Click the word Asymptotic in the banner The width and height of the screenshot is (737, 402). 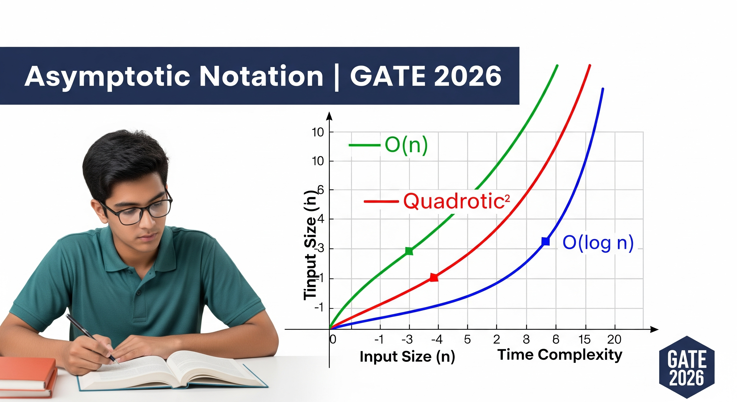click(x=107, y=76)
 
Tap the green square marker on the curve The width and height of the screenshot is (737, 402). click(x=409, y=251)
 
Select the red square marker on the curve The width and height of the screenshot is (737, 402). click(x=434, y=277)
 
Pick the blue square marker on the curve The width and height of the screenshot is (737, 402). click(x=546, y=242)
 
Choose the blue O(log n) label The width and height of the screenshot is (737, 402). click(x=598, y=243)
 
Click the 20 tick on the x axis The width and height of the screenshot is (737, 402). click(x=614, y=340)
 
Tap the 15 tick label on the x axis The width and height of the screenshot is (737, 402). click(x=584, y=340)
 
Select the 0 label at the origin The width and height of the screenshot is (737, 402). click(x=333, y=339)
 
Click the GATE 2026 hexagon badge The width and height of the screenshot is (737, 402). click(x=687, y=367)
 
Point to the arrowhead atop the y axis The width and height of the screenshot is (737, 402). click(x=329, y=116)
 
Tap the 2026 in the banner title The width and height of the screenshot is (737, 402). click(x=467, y=76)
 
